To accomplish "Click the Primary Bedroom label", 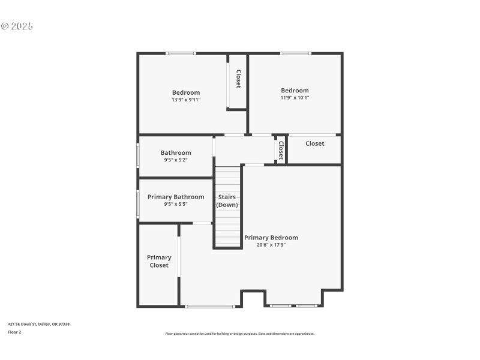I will click(x=271, y=238).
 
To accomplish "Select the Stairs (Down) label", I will click(x=227, y=201).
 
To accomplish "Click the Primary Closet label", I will click(x=159, y=261).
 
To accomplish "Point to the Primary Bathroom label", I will click(x=176, y=197).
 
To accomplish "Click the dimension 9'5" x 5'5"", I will click(x=176, y=204).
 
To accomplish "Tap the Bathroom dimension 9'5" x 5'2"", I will click(x=176, y=160).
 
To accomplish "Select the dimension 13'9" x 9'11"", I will click(x=186, y=100).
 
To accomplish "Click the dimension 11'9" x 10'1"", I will click(x=295, y=98).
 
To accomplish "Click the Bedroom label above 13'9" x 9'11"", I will click(x=186, y=92).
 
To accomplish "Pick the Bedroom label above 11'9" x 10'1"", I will click(x=295, y=91).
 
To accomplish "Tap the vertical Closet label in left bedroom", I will click(x=238, y=79).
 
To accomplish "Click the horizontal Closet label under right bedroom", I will click(x=314, y=143).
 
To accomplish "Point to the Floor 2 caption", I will click(x=14, y=332).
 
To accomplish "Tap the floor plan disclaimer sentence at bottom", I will click(x=239, y=334).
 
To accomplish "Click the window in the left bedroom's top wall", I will click(x=181, y=53).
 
